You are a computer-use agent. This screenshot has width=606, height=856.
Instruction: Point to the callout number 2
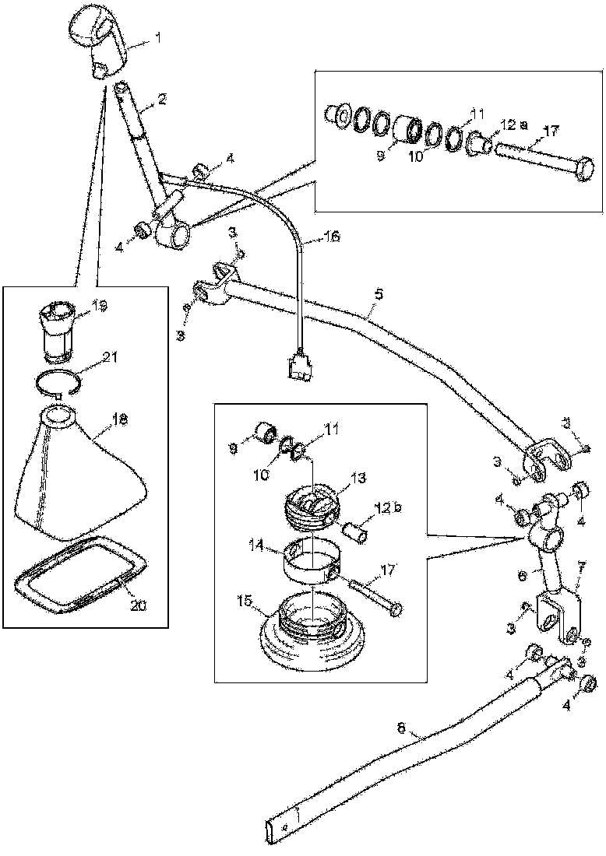pos(161,99)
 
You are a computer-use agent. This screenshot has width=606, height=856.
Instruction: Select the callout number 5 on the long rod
pos(379,294)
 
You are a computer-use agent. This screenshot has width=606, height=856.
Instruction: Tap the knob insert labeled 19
pos(58,331)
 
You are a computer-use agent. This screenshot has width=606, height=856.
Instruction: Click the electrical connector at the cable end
pos(299,368)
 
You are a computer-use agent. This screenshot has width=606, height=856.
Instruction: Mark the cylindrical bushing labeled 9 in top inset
pos(405,129)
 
